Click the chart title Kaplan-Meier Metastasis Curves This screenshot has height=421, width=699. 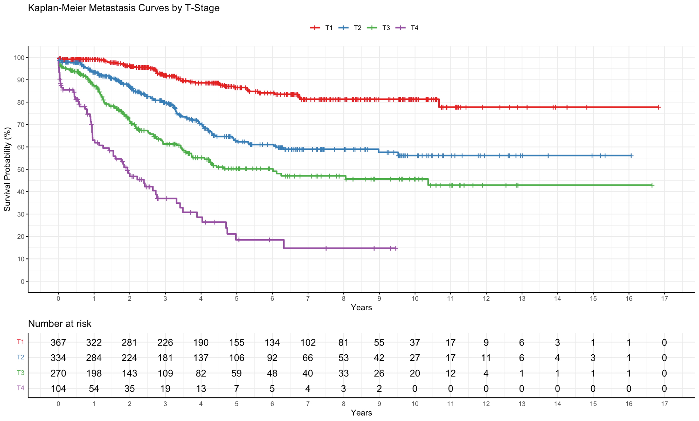(123, 8)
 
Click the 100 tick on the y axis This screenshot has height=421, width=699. (19, 58)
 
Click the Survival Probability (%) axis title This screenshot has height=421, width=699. (7, 169)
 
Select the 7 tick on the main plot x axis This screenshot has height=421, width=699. (308, 299)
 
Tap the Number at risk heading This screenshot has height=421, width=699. (60, 324)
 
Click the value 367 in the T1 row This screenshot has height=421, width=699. (58, 343)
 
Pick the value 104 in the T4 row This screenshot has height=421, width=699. (58, 389)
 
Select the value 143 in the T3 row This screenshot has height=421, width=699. (129, 373)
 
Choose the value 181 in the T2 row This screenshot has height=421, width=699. (165, 358)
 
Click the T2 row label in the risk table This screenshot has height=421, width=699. (20, 357)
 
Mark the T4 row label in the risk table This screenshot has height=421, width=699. (20, 388)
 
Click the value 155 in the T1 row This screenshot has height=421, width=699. (236, 343)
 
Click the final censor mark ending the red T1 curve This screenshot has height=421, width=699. (658, 107)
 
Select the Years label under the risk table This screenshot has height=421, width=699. (361, 413)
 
